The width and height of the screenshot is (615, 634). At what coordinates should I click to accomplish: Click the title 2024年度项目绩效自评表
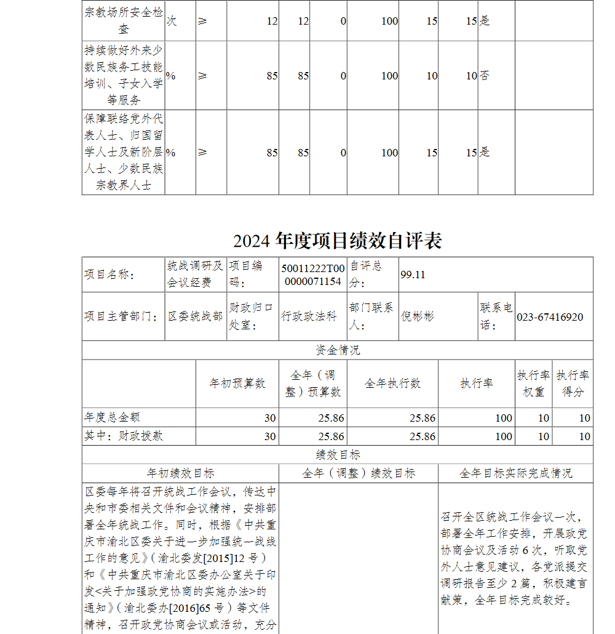point(338,241)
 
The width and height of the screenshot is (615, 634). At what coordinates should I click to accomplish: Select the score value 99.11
point(413,275)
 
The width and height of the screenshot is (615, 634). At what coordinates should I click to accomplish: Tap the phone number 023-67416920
point(550,317)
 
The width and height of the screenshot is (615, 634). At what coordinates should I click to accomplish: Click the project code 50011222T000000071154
point(312,275)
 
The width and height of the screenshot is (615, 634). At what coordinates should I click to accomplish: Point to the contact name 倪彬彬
point(418,316)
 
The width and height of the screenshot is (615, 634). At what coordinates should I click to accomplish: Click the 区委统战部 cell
point(196,316)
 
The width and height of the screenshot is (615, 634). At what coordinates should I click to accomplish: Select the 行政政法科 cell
point(309,316)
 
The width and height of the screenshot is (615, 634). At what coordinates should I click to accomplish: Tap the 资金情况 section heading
point(338,350)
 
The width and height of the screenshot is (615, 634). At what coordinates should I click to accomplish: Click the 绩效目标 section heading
point(338,455)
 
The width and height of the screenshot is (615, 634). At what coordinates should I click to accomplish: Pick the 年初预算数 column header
point(237,383)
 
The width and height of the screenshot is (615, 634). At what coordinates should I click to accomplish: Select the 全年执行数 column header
point(392,383)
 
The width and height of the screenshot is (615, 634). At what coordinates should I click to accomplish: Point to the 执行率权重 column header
point(534,383)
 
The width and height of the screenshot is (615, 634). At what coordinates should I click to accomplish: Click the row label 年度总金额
point(112,417)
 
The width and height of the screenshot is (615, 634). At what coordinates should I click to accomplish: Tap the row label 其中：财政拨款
point(124,436)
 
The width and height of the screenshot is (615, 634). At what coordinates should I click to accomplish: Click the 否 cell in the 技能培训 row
point(485,76)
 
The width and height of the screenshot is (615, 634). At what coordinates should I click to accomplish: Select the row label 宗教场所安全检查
point(124,20)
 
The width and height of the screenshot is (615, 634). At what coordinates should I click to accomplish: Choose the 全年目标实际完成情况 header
point(515,473)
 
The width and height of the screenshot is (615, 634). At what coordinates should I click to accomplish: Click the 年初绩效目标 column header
point(180,473)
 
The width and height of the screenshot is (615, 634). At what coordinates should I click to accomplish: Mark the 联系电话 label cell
point(496,316)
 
